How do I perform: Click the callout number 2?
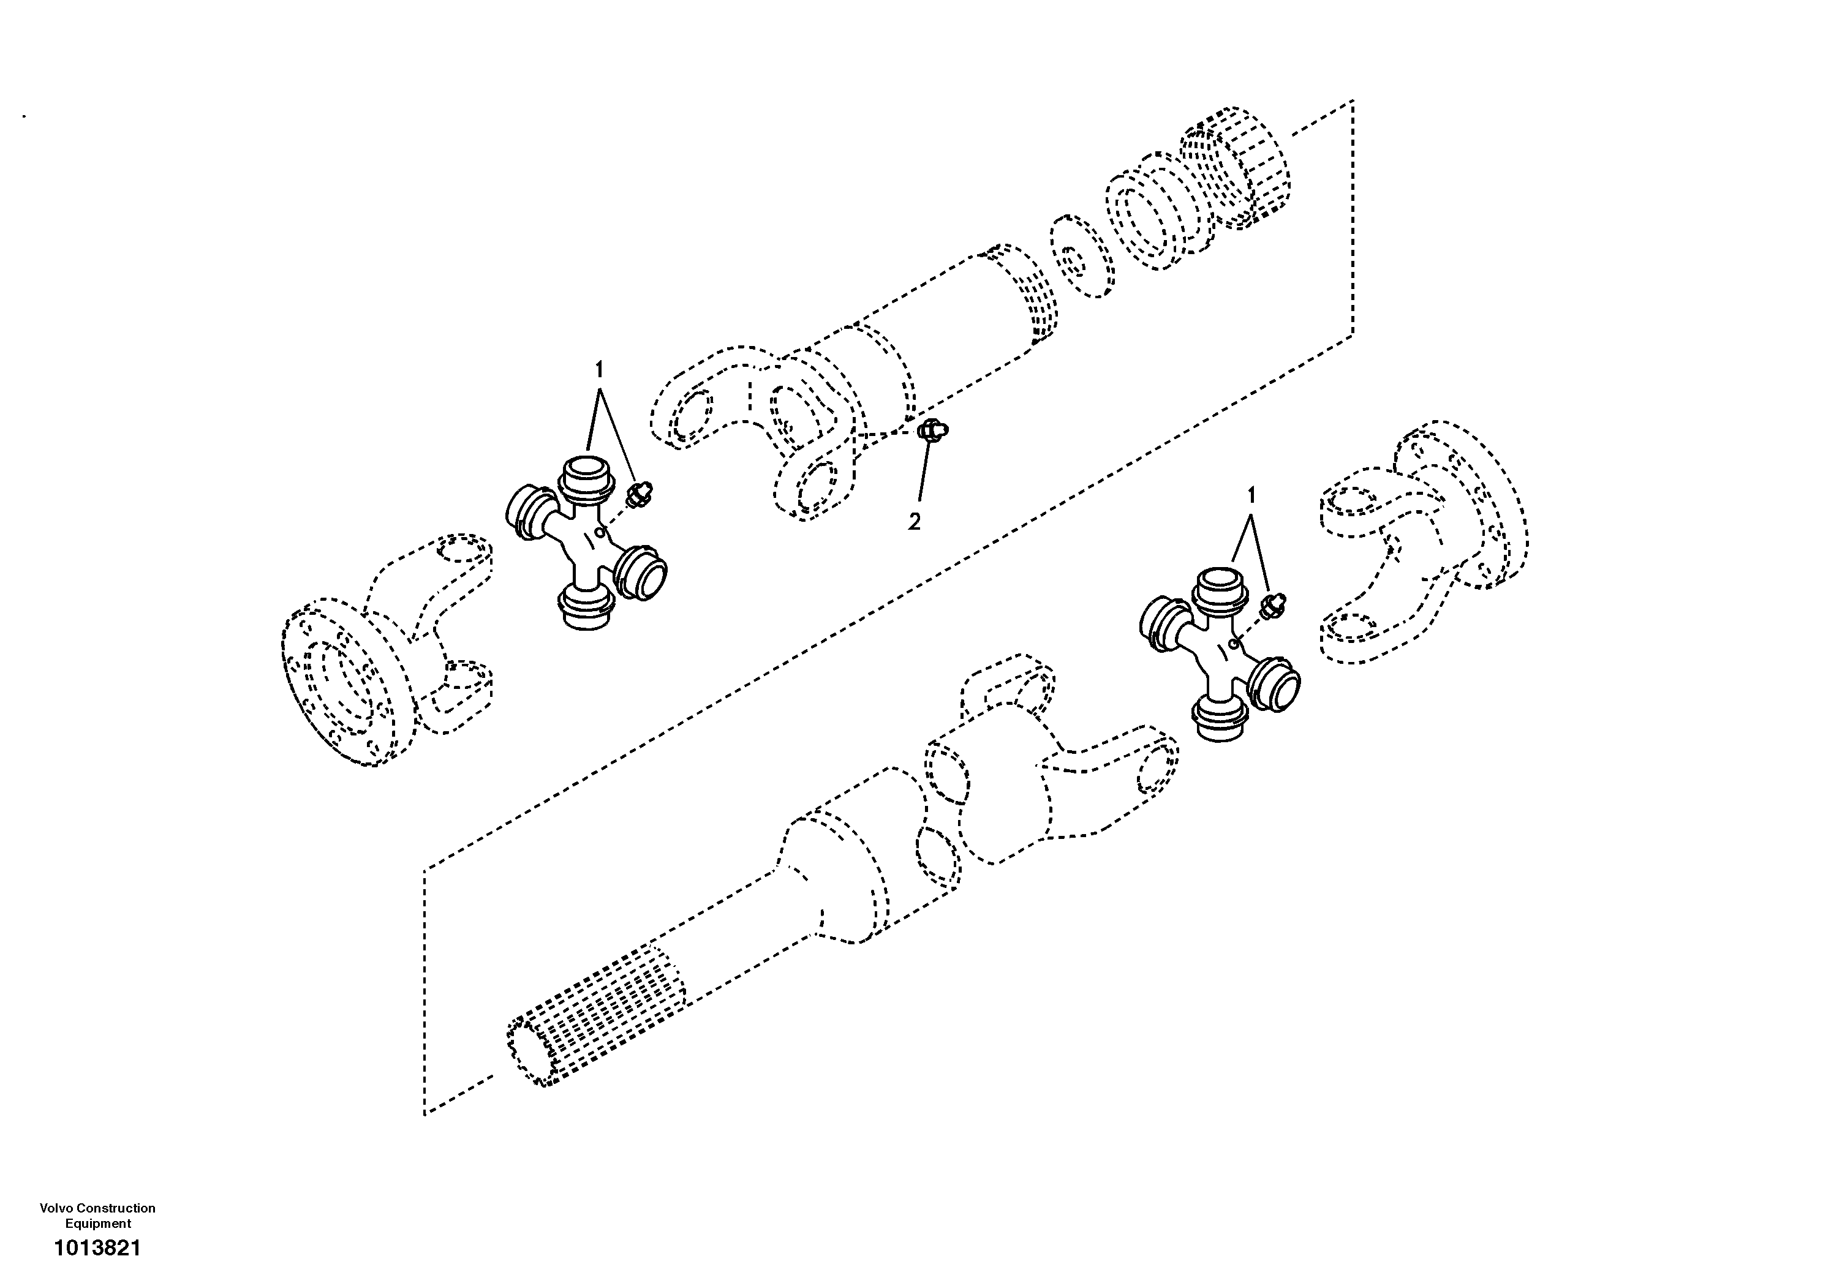click(x=915, y=522)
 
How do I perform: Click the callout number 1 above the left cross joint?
click(x=600, y=370)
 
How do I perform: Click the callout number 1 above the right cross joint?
click(x=1252, y=495)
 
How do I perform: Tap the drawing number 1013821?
click(x=97, y=1249)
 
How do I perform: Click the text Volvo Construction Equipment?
click(x=97, y=1216)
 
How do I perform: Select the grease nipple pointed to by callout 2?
click(x=930, y=431)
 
